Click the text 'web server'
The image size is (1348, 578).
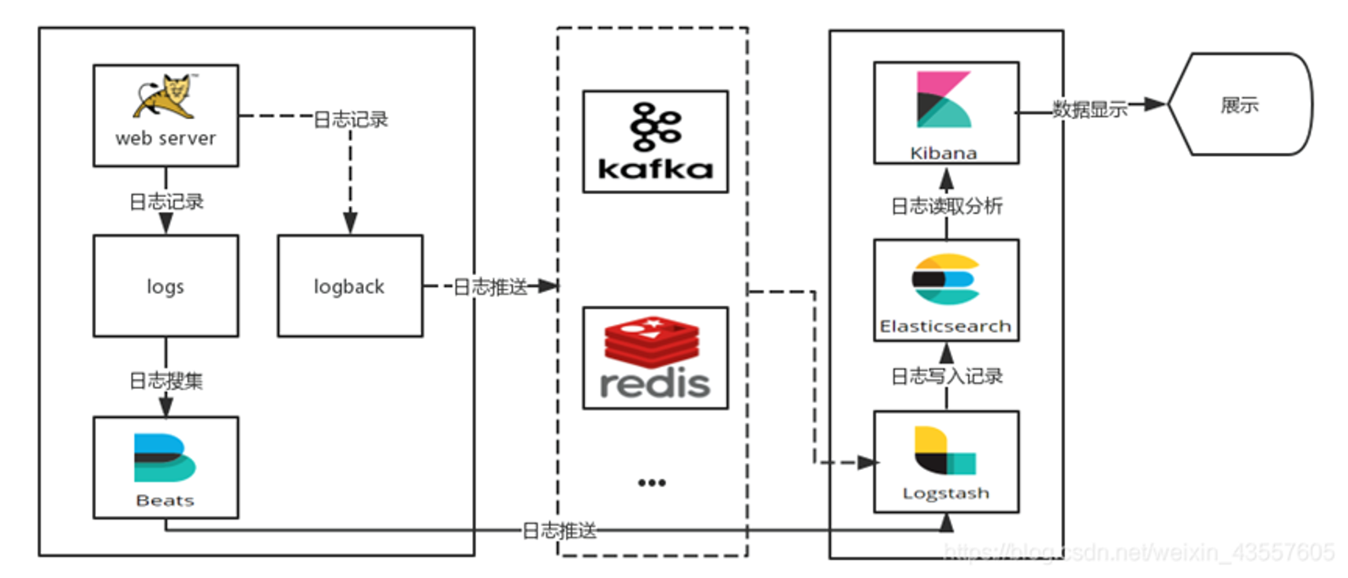click(x=166, y=139)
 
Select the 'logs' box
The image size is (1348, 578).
click(x=166, y=286)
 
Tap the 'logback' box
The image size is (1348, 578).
click(x=350, y=286)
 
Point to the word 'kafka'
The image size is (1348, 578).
click(x=655, y=169)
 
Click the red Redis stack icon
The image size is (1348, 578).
click(x=653, y=341)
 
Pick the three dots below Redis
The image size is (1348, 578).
click(x=652, y=483)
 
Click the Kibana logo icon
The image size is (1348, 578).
click(x=944, y=100)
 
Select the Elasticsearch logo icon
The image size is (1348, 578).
click(x=945, y=279)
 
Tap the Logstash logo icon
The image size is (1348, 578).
click(x=944, y=451)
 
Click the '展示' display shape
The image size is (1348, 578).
click(x=1239, y=105)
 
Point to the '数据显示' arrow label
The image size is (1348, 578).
click(x=1090, y=110)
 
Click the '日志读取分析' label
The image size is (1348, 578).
click(x=946, y=207)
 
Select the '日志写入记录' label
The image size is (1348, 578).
click(x=946, y=376)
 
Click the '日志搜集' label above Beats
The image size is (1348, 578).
click(x=166, y=382)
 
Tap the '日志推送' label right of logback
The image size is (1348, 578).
click(x=490, y=287)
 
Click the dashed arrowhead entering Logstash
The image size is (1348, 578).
click(x=868, y=463)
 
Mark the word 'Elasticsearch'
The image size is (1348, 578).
click(x=945, y=326)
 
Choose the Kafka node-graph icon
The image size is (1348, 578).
click(x=655, y=126)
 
